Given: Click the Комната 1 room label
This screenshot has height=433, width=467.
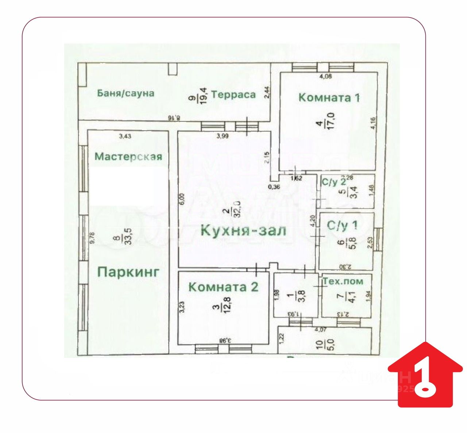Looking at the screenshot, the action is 329,97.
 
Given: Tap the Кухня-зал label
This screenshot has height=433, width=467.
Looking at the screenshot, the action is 243,231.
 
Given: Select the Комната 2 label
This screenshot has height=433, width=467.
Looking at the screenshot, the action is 223,287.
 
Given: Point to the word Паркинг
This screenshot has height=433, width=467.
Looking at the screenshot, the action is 128,272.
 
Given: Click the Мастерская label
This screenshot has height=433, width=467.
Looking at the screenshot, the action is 128,157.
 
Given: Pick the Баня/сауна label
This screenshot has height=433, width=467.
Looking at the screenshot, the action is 126,93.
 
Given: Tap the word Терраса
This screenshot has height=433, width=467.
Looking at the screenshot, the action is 233,95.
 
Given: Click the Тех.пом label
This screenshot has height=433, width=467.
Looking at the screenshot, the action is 343,281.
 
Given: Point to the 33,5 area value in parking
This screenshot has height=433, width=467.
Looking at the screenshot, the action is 128,235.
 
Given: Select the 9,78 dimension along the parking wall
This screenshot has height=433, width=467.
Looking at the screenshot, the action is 92,238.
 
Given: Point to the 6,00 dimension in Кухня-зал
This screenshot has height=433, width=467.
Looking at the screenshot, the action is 183,199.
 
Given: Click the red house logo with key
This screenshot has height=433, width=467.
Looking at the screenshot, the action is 425,375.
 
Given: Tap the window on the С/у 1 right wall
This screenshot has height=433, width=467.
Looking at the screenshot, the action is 378,240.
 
